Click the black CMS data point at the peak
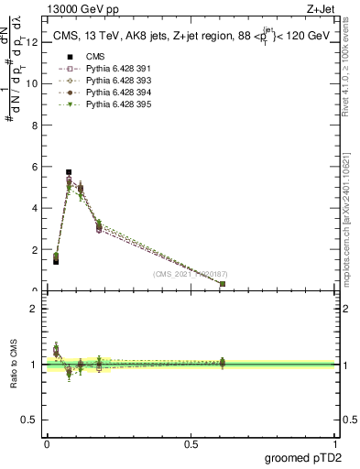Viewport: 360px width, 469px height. [x=69, y=171]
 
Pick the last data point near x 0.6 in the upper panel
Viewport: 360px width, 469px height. [x=223, y=284]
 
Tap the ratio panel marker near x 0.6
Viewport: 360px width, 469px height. [x=223, y=364]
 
